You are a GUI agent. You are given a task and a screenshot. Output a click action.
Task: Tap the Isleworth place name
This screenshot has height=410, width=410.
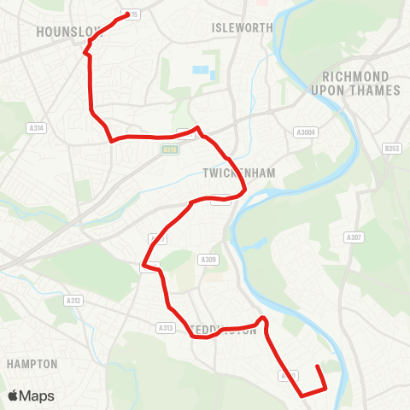pos(242,27)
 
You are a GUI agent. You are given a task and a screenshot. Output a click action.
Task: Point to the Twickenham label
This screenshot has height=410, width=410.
pos(239,173)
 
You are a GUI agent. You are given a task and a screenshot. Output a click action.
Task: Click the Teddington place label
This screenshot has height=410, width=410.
pos(224,330)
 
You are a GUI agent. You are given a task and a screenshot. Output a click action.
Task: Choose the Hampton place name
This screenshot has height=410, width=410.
pos(32,364)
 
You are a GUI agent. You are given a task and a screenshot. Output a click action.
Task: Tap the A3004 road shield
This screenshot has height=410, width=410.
pos(305,132)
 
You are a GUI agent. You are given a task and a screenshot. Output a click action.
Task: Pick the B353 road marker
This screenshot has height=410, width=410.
pos(392,149)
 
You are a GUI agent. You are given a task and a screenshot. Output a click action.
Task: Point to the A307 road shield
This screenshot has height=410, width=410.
pos(354,237)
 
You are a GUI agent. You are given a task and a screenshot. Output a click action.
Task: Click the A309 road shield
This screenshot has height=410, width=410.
pos(208,260)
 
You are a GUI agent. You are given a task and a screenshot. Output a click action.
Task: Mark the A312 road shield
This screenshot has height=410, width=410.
pos(73,301)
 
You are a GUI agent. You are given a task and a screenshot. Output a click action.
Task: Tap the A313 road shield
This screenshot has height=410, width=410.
pos(166,327)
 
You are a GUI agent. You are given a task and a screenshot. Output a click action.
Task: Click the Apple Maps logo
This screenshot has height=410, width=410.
pos(31,395)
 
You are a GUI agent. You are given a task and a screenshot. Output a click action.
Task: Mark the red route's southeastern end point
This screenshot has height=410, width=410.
pos(318,367)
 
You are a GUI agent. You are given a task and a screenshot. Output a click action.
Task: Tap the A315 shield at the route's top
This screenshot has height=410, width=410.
pos(132,15)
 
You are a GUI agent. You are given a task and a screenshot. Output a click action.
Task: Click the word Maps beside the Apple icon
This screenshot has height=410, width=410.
pos(38,395)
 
